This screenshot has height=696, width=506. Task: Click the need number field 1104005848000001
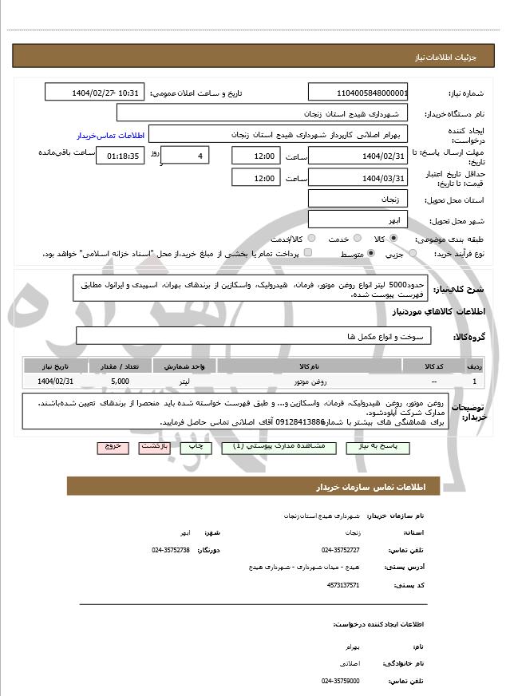[x=358, y=93]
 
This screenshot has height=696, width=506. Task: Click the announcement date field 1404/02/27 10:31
[x=96, y=93]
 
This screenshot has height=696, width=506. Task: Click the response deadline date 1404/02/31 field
[x=358, y=156]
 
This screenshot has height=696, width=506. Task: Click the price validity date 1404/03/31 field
[x=358, y=177]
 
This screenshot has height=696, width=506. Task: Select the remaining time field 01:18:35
[x=121, y=156]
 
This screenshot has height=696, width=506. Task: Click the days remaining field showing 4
[x=185, y=156]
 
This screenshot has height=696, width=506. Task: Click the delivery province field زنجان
[x=358, y=199]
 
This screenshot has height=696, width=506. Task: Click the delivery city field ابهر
[x=358, y=219]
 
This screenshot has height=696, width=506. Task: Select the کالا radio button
[x=393, y=239]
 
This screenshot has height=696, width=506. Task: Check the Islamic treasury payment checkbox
[x=309, y=253]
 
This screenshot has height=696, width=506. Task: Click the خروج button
[x=112, y=447]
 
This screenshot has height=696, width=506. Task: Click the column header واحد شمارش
[x=185, y=366]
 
